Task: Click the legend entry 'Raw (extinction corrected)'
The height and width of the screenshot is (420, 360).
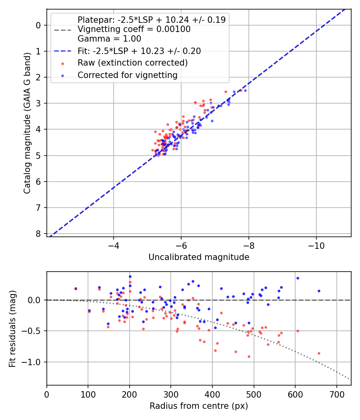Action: point(132,63)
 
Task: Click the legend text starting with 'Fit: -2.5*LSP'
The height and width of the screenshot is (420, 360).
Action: point(139,51)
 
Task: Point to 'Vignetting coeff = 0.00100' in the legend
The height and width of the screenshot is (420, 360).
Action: point(134,29)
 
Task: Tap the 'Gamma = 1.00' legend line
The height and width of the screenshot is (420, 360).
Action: point(109,39)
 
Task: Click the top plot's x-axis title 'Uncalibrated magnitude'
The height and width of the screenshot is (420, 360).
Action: point(199,257)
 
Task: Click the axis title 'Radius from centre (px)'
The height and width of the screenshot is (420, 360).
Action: point(199,406)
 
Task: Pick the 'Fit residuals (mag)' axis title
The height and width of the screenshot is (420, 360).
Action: point(12,328)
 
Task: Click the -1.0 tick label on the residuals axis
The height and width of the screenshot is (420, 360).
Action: point(33,362)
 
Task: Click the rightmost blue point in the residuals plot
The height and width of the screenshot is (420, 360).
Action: point(319,291)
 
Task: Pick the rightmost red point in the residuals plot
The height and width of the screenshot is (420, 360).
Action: point(319,353)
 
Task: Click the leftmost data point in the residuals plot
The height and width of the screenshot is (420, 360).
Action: point(76,288)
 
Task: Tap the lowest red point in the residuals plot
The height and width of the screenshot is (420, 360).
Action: point(249,356)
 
